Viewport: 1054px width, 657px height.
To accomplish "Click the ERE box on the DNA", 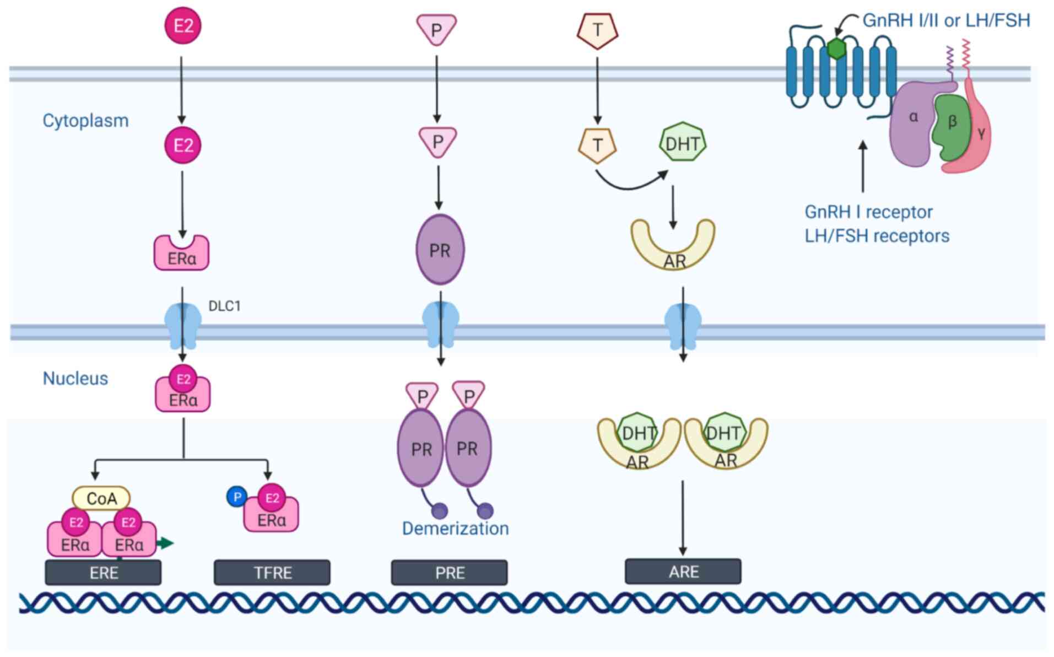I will [103, 573].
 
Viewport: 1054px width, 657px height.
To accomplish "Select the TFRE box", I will [272, 573].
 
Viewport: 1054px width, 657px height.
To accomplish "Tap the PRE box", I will [449, 573].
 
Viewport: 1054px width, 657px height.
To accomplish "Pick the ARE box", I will [683, 572].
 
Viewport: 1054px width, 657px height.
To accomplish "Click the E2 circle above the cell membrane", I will [183, 26].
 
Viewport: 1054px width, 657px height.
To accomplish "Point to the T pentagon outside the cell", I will [597, 30].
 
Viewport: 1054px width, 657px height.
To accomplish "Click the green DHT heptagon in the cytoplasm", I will [683, 143].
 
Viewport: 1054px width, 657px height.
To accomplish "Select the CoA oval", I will [101, 498].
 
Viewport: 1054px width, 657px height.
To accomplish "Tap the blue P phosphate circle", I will [237, 497].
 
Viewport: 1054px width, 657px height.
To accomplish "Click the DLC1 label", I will [224, 306].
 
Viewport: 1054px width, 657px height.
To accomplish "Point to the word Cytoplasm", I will [85, 121].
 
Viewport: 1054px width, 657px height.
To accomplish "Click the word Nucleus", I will [75, 378].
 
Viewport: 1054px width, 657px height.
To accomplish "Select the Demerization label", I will [455, 529].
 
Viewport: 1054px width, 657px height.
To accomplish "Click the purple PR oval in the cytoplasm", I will [440, 250].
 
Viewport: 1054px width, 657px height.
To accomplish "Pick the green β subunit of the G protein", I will [951, 125].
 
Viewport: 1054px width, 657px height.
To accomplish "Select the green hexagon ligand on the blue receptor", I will [836, 49].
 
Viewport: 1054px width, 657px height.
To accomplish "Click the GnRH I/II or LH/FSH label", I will [946, 20].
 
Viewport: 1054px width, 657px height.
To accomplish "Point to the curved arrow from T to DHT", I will [631, 184].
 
